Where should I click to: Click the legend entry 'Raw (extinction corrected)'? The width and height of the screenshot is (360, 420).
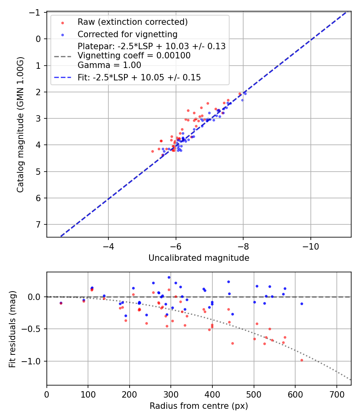(x=132, y=22)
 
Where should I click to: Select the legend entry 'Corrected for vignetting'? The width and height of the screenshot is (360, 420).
(x=127, y=34)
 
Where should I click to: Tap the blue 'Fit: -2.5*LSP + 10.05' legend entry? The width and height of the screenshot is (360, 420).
(x=139, y=78)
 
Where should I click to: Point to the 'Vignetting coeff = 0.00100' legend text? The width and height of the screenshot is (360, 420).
(x=134, y=56)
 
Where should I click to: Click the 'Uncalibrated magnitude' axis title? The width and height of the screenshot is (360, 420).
(x=199, y=258)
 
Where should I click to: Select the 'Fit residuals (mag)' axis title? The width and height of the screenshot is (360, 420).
(x=12, y=329)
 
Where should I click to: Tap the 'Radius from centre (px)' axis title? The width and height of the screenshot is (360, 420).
(x=199, y=406)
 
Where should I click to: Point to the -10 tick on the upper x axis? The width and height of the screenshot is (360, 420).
(x=310, y=246)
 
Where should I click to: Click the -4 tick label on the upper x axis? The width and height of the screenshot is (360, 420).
(x=108, y=246)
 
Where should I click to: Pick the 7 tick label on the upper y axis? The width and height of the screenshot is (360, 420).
(x=38, y=224)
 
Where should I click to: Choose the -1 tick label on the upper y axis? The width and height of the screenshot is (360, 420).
(x=36, y=12)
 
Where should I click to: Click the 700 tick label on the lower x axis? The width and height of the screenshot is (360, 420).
(x=337, y=394)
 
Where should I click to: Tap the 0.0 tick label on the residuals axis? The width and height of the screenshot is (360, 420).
(x=35, y=297)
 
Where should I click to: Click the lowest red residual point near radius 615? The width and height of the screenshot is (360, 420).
(x=302, y=360)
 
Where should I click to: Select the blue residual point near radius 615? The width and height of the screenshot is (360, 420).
(x=302, y=304)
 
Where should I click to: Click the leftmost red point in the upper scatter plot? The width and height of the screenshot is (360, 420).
(x=152, y=151)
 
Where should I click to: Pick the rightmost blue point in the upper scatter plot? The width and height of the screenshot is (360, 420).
(x=245, y=94)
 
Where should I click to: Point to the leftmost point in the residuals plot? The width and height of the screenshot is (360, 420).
(x=61, y=303)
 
